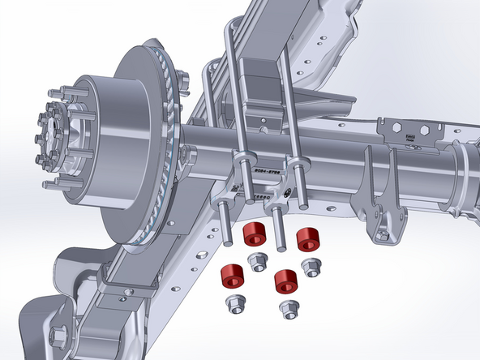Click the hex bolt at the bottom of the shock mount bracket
[383, 234]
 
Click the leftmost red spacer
[233, 275]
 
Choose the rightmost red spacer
[308, 239]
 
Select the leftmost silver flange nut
[234, 305]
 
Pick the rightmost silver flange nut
[311, 267]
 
